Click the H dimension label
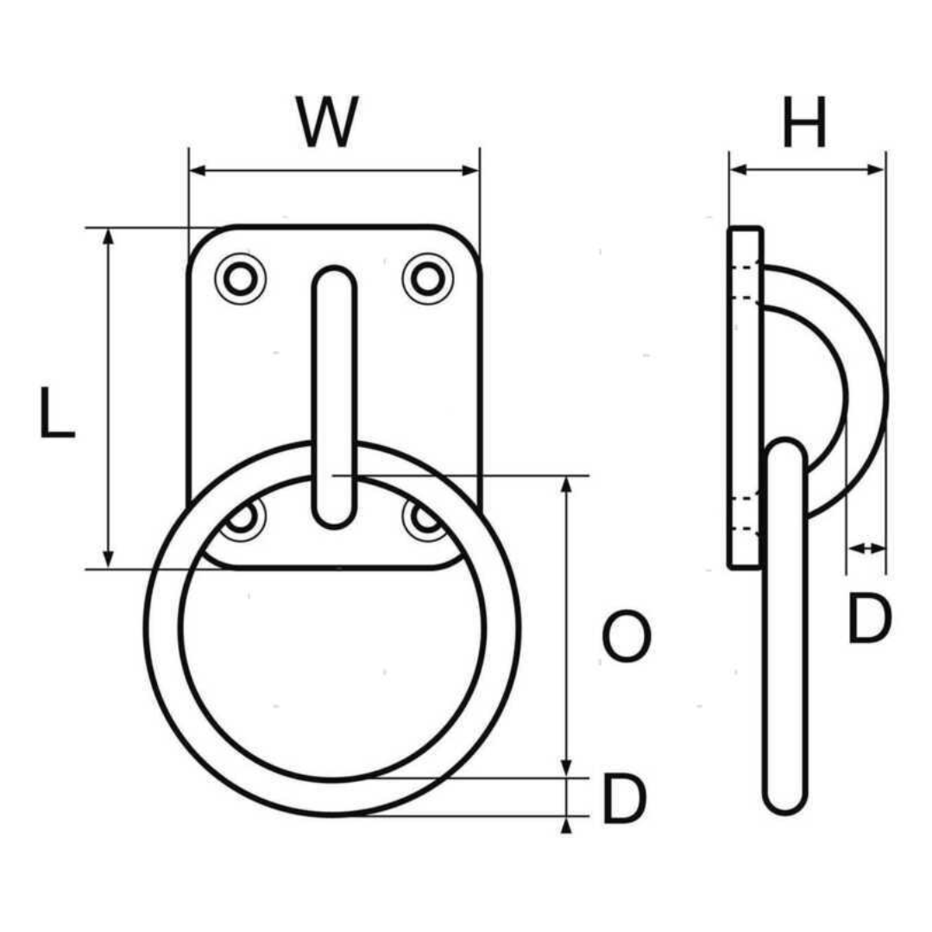click(x=804, y=123)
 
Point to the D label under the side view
click(x=867, y=620)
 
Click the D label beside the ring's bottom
click(x=623, y=799)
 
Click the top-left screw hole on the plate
click(x=240, y=279)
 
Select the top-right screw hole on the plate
click(x=427, y=279)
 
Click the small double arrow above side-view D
click(x=866, y=547)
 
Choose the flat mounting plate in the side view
click(x=745, y=397)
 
